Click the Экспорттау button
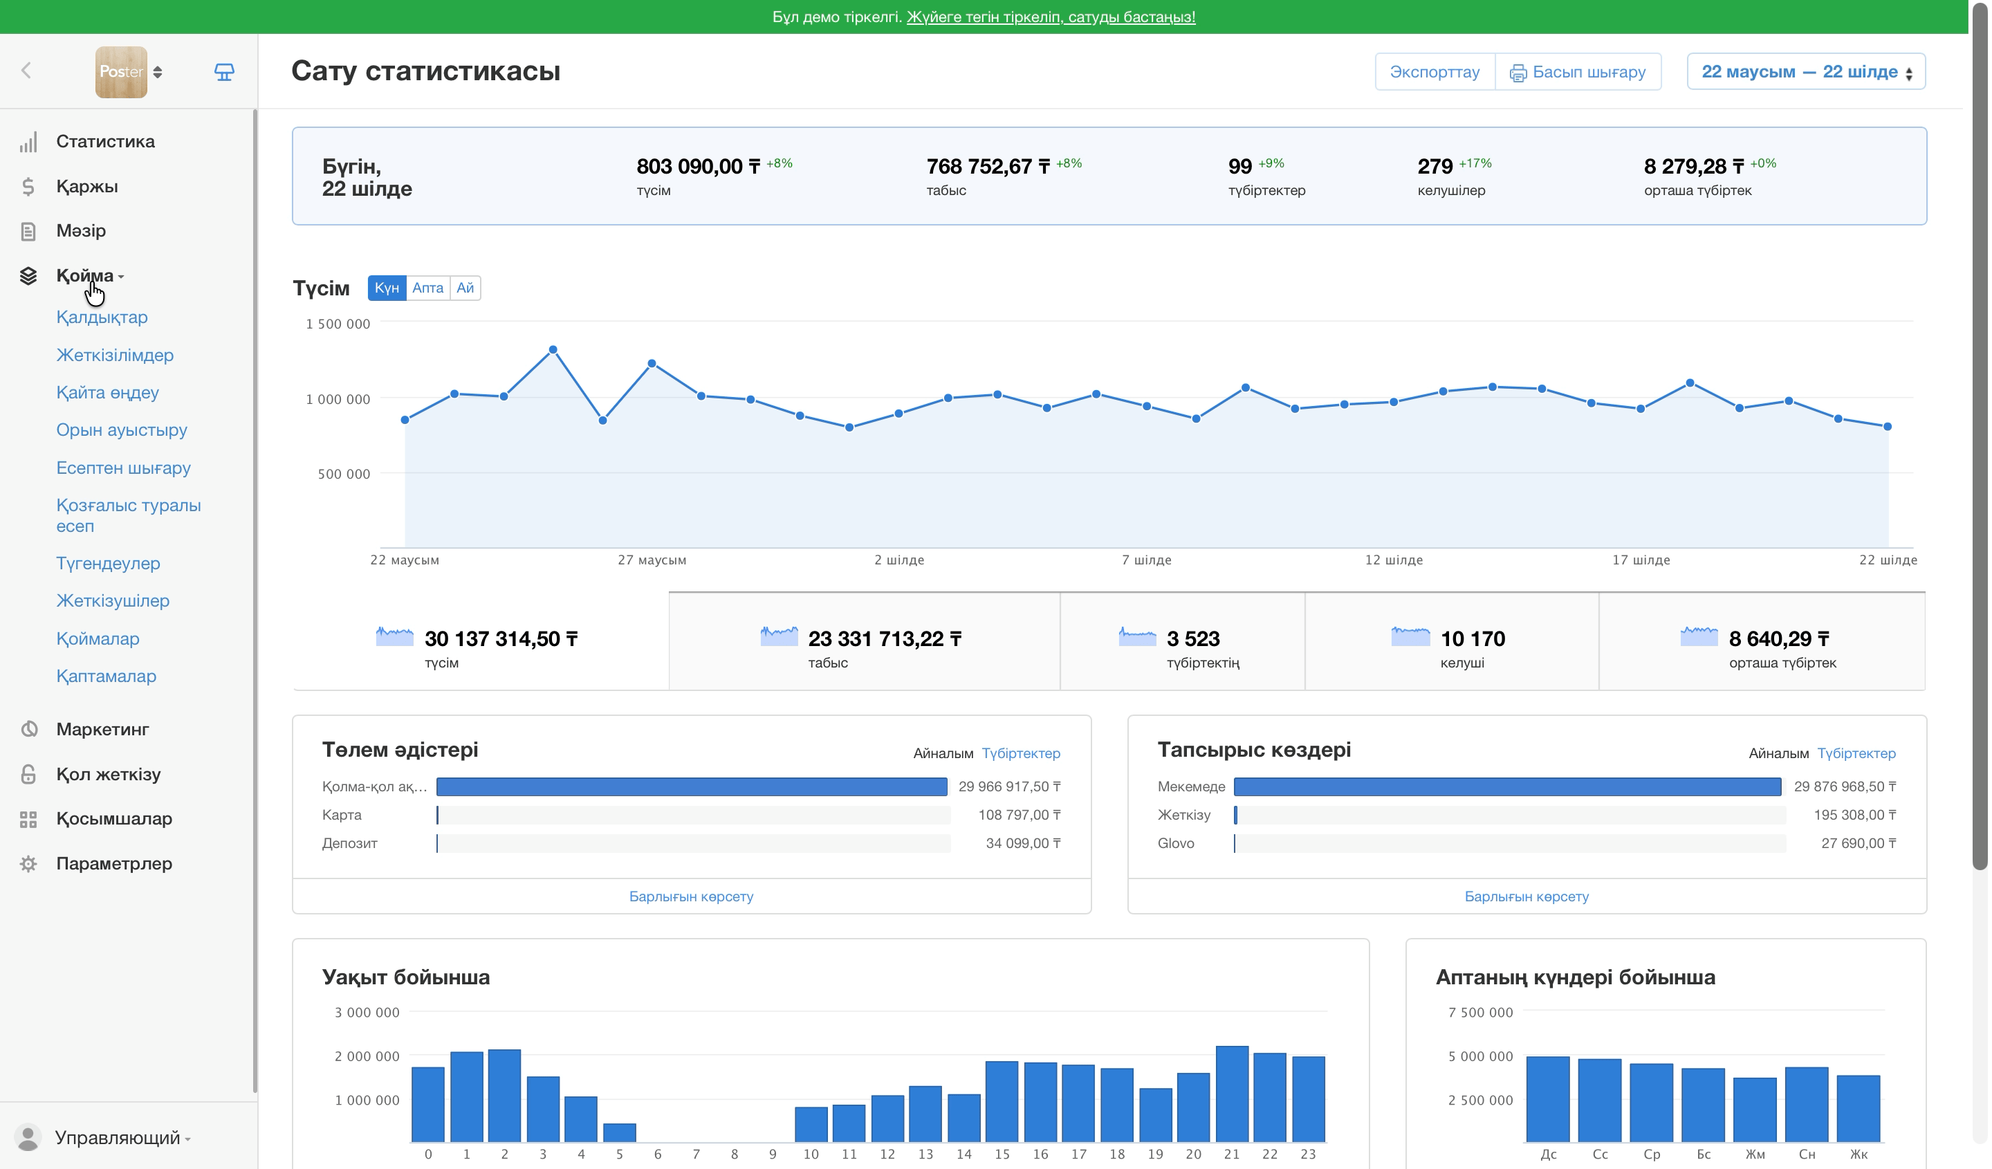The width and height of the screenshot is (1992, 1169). click(1435, 72)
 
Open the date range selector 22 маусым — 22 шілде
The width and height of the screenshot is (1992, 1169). click(1806, 72)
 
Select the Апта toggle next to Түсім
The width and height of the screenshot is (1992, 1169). click(427, 288)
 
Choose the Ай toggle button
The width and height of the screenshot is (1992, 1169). click(465, 288)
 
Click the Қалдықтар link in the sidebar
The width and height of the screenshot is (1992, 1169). click(102, 317)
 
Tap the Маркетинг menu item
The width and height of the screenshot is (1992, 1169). click(103, 730)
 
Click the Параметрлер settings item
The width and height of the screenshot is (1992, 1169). click(114, 863)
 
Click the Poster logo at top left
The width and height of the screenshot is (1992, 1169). click(121, 72)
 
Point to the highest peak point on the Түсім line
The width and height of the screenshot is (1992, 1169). click(553, 349)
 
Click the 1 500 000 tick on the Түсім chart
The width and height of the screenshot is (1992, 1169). click(338, 324)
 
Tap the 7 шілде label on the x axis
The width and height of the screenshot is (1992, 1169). click(1146, 560)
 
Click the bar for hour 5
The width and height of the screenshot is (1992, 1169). click(620, 1132)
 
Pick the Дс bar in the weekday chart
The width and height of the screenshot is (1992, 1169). click(1548, 1099)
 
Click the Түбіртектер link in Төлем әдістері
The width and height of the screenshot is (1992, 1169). click(1020, 753)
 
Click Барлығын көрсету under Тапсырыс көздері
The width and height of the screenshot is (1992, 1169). click(1527, 896)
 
